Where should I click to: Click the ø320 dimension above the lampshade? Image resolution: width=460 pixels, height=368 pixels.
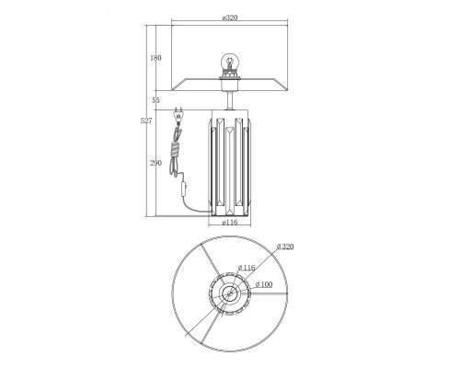tap(230, 17)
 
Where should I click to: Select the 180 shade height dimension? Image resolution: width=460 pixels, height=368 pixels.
tap(155, 57)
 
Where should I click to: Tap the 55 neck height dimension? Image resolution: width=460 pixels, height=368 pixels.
tap(155, 100)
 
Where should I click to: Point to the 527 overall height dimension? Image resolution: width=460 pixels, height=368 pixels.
tap(146, 121)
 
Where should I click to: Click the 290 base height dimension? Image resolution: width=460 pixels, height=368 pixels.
tap(155, 163)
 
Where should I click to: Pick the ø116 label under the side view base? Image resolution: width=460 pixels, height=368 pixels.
tap(230, 223)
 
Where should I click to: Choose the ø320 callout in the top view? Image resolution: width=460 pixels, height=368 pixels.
tap(285, 247)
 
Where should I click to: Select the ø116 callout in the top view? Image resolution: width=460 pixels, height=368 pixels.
tap(247, 268)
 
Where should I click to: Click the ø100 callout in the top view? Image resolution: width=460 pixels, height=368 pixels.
tap(264, 284)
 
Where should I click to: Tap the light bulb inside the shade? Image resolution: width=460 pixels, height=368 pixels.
tap(229, 62)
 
